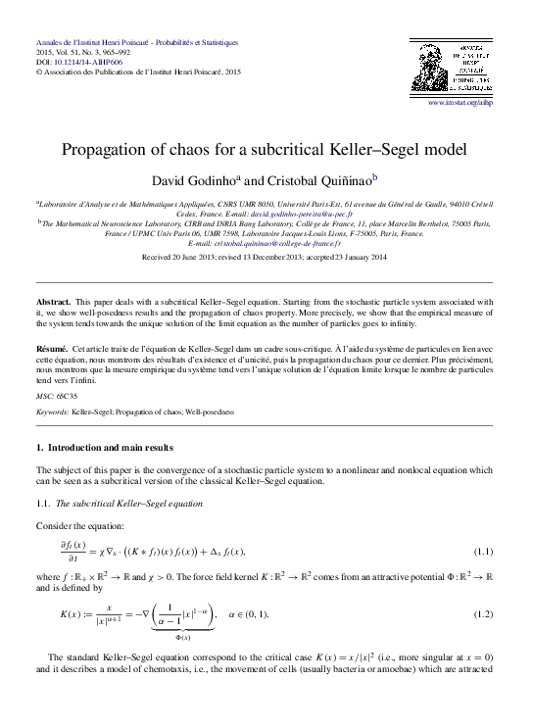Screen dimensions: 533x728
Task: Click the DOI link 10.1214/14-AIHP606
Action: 81,61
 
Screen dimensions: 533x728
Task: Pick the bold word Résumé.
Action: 51,349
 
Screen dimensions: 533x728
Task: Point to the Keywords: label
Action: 51,413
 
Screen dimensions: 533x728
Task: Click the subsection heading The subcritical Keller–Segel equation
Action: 129,503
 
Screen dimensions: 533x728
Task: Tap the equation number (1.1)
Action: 480,553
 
